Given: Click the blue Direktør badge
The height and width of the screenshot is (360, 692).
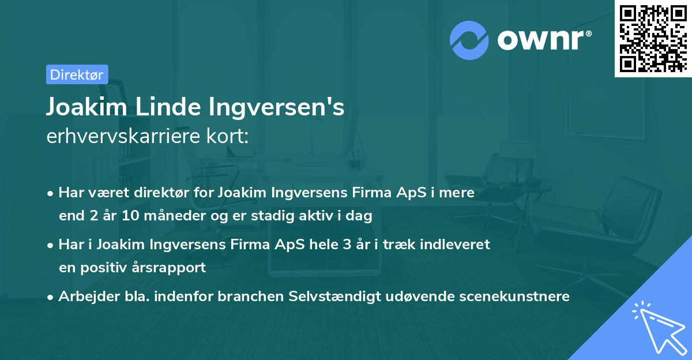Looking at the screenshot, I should [77, 74].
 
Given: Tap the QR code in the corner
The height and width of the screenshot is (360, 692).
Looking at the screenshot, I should [653, 39].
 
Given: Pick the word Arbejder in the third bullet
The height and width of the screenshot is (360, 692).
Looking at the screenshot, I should [84, 297].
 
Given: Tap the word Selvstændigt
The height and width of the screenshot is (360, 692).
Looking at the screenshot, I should [345, 297].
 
